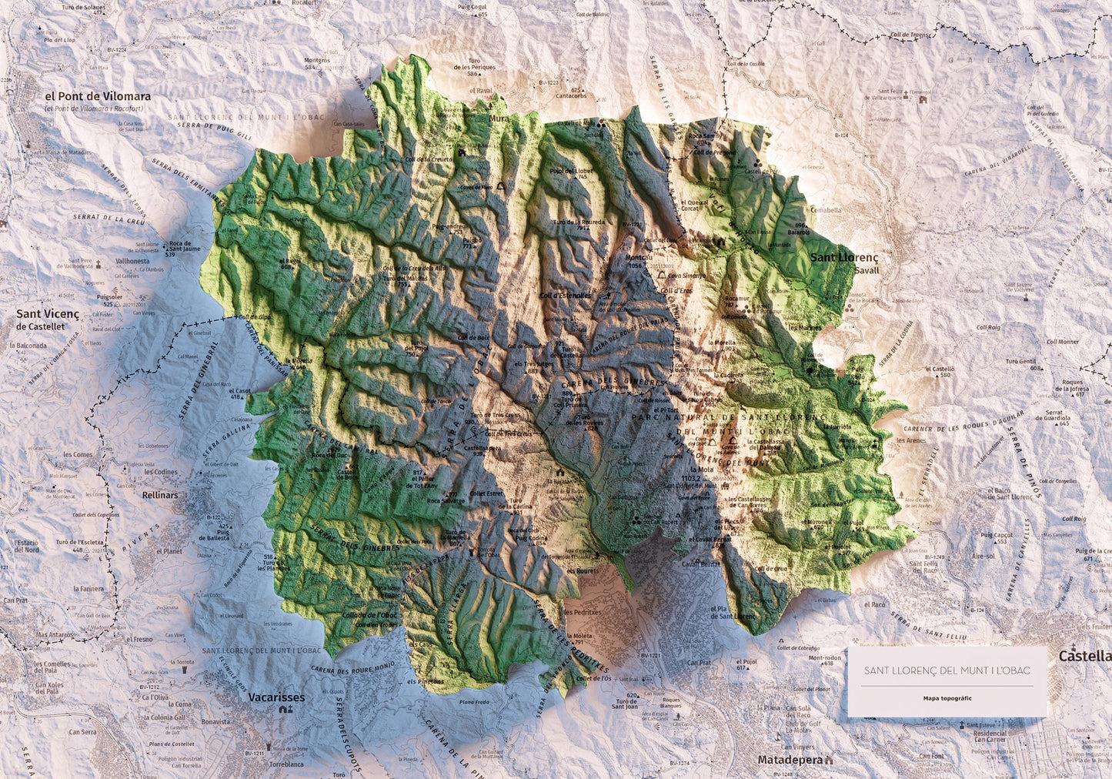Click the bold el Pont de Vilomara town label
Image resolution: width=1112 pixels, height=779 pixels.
98,97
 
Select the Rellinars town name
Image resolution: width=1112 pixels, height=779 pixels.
159,495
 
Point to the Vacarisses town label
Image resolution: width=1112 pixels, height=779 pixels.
276,697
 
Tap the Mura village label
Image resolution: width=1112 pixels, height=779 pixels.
499,119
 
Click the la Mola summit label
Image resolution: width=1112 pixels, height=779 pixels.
703,469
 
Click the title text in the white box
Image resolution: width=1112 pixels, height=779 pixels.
947,670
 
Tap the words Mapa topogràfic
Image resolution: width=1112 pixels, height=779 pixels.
947,698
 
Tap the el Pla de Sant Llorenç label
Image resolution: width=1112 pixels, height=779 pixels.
733,612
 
